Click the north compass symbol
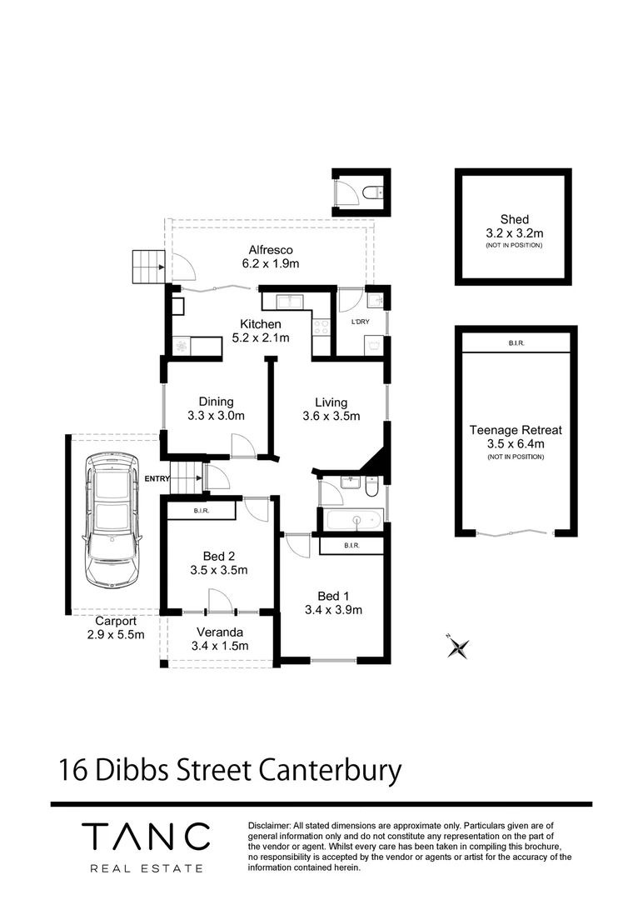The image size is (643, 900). pos(457,647)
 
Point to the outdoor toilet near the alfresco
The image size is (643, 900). pos(372,194)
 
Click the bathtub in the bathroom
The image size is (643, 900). pos(353,522)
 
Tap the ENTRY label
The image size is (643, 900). pos(157,478)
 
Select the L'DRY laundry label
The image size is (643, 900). pos(360,322)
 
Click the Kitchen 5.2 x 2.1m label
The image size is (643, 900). pos(260,331)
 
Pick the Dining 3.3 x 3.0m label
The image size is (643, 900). pos(216,408)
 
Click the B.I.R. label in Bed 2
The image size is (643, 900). pos(202,510)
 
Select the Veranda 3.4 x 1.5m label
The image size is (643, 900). pos(220,638)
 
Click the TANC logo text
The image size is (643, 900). pos(146,836)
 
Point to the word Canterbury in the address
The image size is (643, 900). pos(329,770)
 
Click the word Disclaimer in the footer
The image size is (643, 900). pos(269,824)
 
